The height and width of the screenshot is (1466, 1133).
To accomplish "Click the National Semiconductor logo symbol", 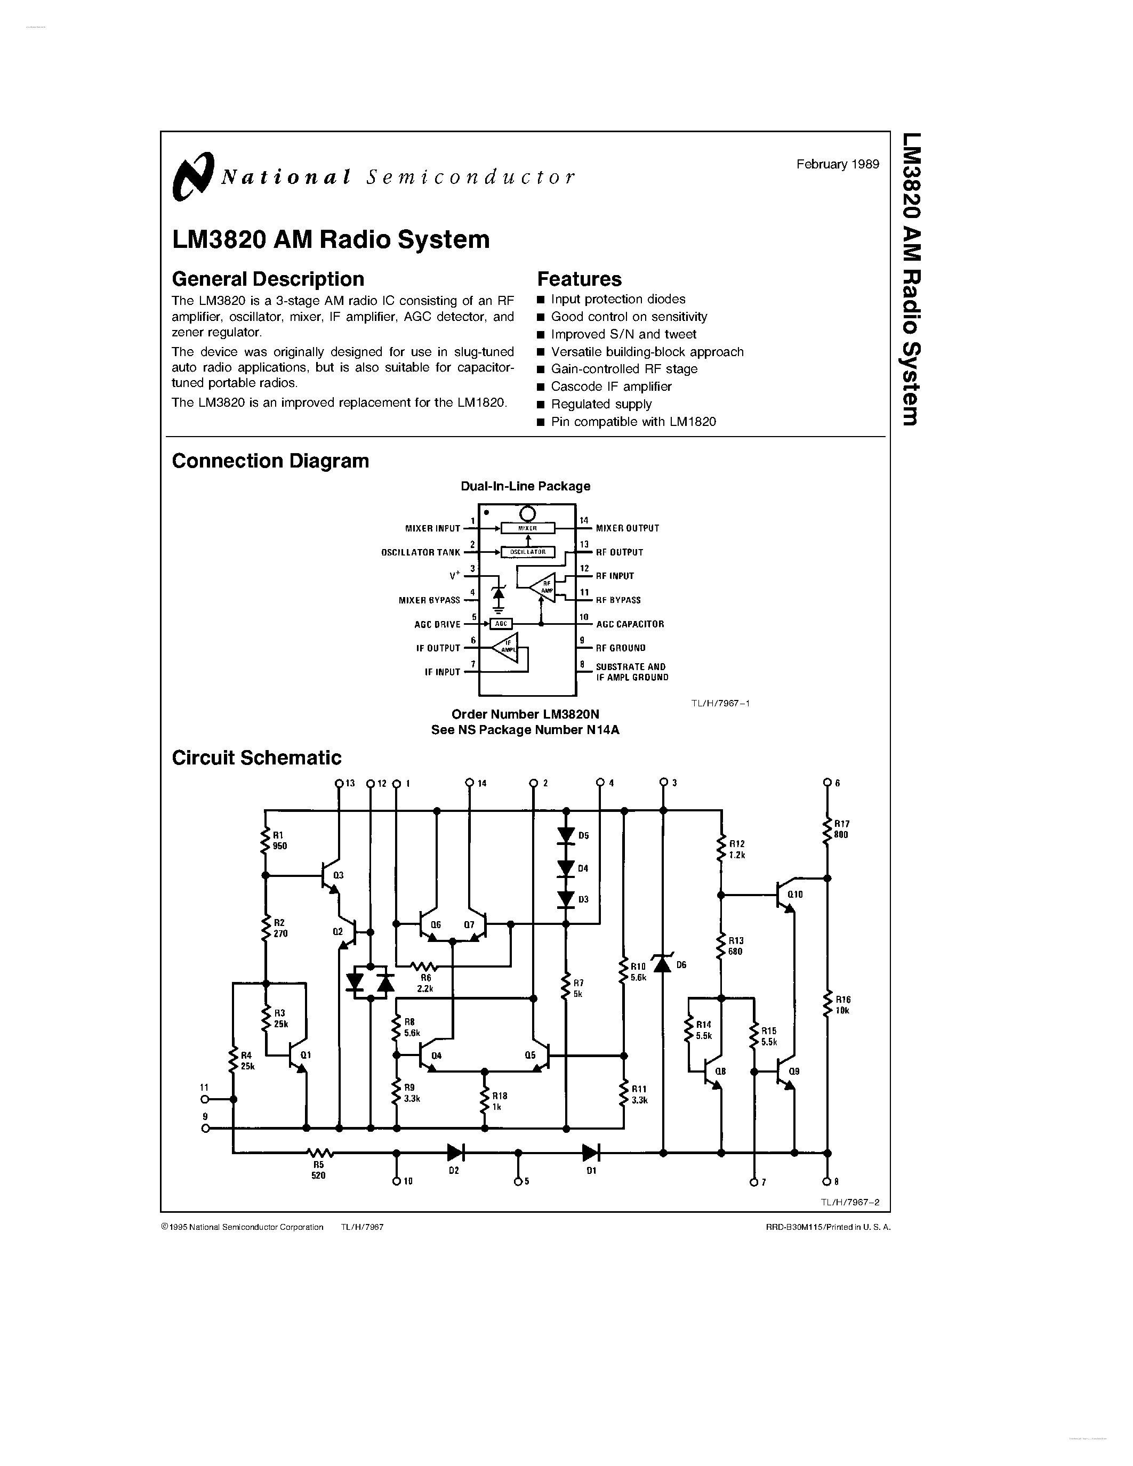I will click(192, 176).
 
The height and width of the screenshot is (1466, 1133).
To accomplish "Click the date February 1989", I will click(837, 164).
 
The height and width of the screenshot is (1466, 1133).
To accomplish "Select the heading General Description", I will click(268, 279).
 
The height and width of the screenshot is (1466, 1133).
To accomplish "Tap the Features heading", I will click(579, 279).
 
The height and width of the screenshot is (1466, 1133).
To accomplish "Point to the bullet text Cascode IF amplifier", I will click(611, 386).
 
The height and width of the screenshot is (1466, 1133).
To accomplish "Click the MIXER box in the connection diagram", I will click(527, 528).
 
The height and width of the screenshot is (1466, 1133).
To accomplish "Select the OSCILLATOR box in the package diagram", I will click(527, 552).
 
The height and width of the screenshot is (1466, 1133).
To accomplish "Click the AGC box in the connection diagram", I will click(501, 624).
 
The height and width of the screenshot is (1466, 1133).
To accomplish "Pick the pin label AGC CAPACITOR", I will click(630, 624).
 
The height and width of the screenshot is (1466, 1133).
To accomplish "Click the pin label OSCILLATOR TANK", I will click(421, 552).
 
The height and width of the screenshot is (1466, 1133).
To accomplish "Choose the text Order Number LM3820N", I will click(525, 714).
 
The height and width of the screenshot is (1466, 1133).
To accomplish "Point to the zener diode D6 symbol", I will click(663, 964).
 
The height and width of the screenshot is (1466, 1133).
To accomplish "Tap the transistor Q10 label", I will click(795, 894).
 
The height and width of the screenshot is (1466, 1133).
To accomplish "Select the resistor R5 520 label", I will click(318, 1170).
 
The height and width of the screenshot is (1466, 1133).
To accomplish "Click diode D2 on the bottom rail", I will click(455, 1153).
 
